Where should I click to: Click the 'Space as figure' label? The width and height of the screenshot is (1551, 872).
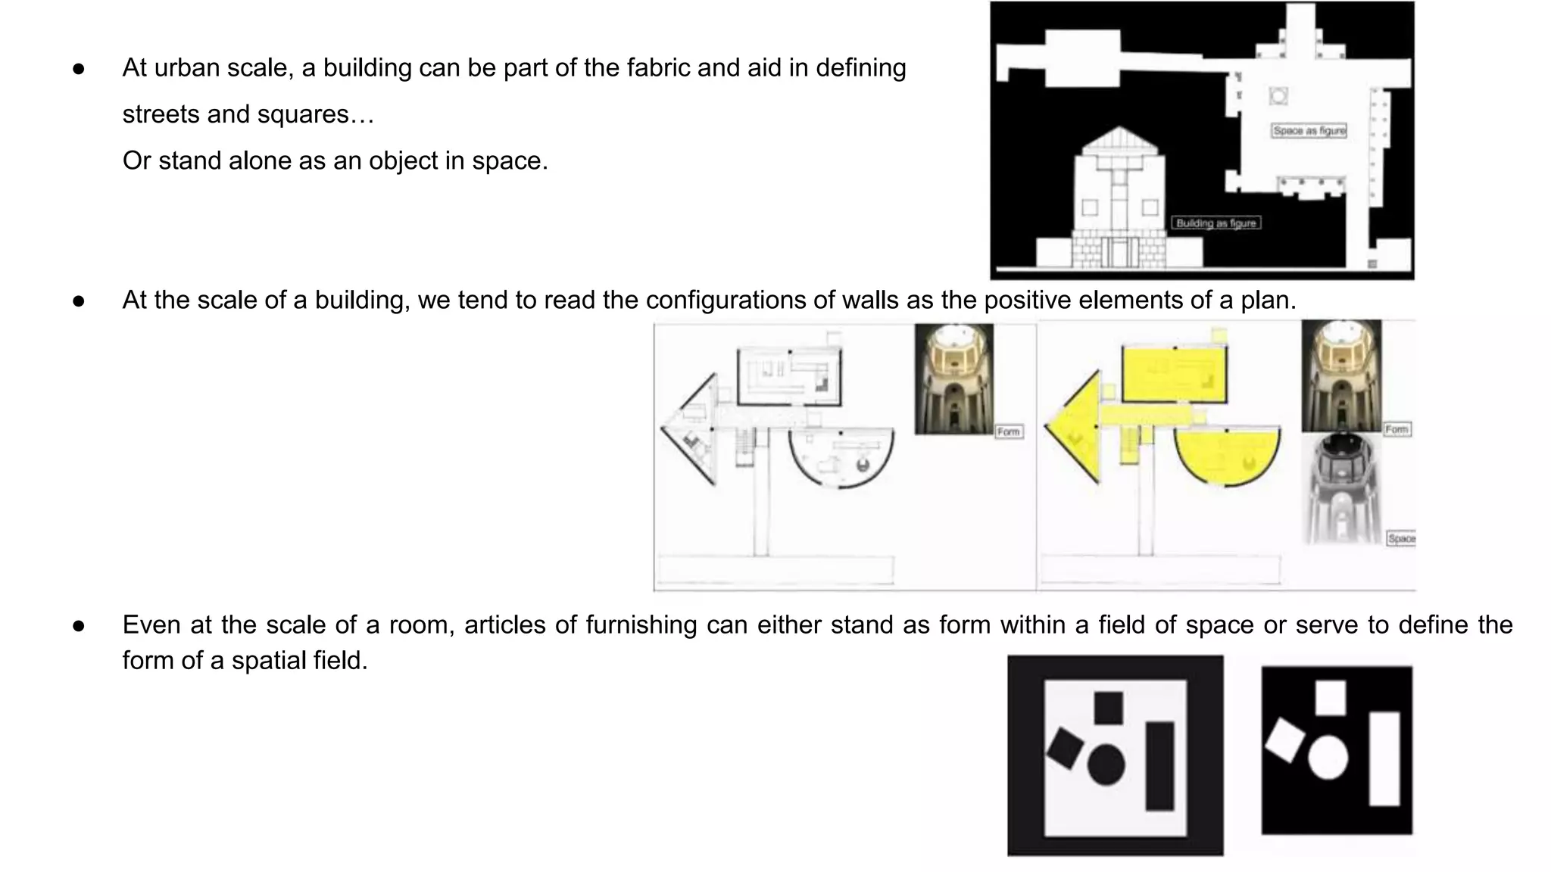point(1309,131)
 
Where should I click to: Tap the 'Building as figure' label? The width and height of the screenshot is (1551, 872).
point(1216,223)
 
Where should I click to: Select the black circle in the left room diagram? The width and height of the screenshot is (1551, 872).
point(1106,764)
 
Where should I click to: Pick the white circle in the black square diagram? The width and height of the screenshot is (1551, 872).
point(1328,757)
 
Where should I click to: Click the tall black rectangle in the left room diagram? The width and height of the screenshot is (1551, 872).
point(1159,765)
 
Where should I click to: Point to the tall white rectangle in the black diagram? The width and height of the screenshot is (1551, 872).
point(1384,758)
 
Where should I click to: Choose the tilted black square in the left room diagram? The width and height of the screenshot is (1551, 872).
point(1065,747)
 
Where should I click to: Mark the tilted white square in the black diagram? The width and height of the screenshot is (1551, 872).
point(1284,740)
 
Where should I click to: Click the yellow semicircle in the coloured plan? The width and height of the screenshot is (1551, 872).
point(1227,454)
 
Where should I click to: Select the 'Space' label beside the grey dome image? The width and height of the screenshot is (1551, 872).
point(1401,538)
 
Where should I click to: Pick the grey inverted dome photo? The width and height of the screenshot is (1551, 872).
point(1341,488)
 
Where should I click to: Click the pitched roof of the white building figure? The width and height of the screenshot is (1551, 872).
point(1119,141)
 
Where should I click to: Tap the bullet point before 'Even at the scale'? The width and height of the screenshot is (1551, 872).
point(79,626)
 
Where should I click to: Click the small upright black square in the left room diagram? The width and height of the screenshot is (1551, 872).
point(1109,707)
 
